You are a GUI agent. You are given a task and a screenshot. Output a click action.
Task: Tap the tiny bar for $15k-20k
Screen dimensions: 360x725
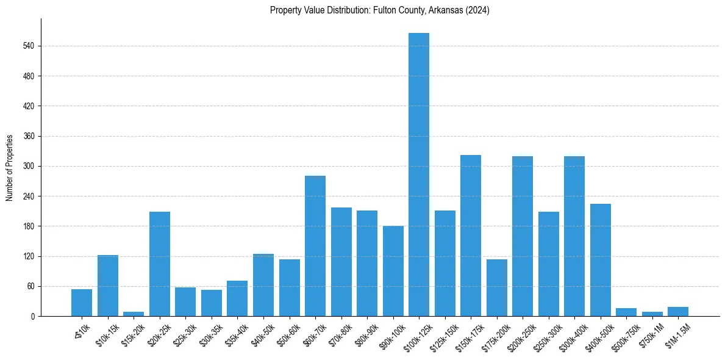point(134,314)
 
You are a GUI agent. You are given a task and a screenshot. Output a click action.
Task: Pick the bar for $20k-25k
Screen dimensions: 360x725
point(160,264)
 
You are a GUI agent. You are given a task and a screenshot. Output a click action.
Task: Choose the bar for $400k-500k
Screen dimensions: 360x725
point(601,260)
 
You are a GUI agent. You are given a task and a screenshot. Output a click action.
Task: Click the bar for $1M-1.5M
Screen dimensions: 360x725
point(678,311)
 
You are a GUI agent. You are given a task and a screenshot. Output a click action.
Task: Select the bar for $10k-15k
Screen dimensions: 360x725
point(108,286)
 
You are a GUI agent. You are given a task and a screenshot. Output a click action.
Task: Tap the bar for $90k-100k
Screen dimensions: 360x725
point(393,271)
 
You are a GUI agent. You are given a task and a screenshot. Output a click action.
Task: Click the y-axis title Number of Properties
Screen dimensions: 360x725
point(9,168)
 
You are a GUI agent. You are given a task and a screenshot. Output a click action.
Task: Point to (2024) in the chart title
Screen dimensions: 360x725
point(477,10)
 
